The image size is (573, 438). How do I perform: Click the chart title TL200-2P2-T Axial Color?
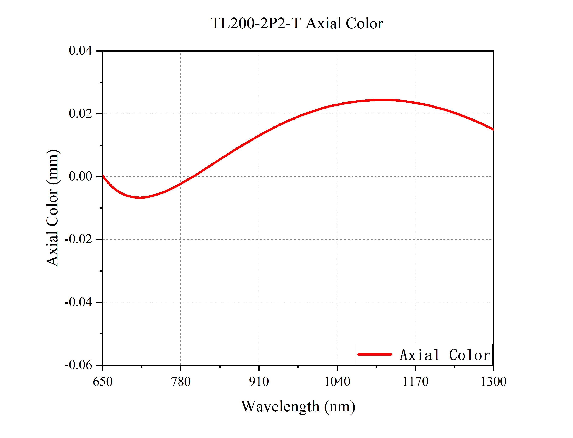click(x=297, y=23)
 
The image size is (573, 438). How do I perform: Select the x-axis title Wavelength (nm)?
click(x=298, y=406)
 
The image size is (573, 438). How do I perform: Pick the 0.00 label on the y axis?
click(x=80, y=176)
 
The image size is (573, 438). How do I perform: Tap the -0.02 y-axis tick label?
click(x=78, y=239)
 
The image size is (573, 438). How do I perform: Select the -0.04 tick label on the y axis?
click(x=78, y=302)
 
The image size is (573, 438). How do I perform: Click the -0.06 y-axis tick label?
click(x=78, y=365)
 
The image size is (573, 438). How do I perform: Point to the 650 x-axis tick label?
click(x=103, y=382)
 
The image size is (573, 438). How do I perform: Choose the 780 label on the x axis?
click(x=181, y=382)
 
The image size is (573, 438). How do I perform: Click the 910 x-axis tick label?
click(x=259, y=382)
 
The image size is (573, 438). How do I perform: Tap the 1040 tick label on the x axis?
click(x=337, y=382)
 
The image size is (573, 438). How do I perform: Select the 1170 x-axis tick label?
click(x=415, y=382)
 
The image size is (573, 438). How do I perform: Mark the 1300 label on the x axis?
click(x=493, y=382)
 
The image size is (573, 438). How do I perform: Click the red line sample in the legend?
click(x=375, y=354)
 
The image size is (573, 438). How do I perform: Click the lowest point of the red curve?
click(x=140, y=197)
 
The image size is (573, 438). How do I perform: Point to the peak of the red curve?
click(x=382, y=100)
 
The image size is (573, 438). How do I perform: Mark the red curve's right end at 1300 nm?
click(x=493, y=129)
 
